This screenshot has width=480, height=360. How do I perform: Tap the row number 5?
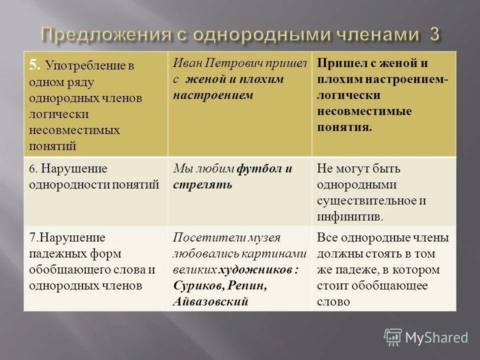(33, 63)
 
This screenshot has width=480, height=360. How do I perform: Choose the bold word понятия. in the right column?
(344, 126)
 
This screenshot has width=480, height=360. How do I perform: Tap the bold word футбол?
(260, 168)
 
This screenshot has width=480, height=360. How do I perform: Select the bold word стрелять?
(202, 184)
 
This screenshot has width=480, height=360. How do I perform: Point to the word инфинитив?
(349, 216)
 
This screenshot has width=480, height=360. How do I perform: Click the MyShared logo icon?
(393, 337)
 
